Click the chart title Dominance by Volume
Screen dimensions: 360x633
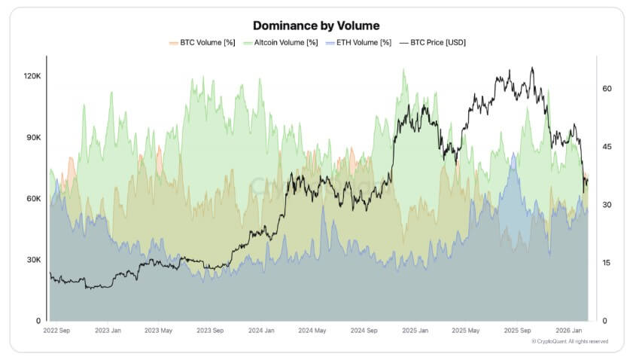click(x=316, y=26)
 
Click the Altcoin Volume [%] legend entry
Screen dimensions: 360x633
click(x=279, y=43)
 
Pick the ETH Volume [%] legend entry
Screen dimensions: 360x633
click(x=359, y=43)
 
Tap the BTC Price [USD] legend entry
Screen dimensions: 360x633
click(x=436, y=43)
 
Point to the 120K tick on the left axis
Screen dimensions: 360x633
click(x=32, y=76)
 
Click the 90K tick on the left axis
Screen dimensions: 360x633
click(x=33, y=138)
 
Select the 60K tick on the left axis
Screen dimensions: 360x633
click(x=33, y=199)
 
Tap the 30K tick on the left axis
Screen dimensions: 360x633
click(x=33, y=260)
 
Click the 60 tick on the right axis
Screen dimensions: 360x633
click(x=607, y=88)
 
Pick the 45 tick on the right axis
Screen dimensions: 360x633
click(x=607, y=146)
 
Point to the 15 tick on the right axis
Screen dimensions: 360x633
click(x=607, y=263)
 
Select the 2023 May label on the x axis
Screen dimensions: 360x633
click(x=159, y=331)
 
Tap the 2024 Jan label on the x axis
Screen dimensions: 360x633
click(x=261, y=331)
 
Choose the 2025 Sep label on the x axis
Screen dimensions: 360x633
click(x=517, y=331)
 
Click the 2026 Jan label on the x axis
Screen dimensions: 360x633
click(x=570, y=331)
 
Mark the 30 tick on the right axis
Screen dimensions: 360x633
click(x=607, y=205)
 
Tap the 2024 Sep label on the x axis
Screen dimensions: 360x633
click(x=364, y=331)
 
